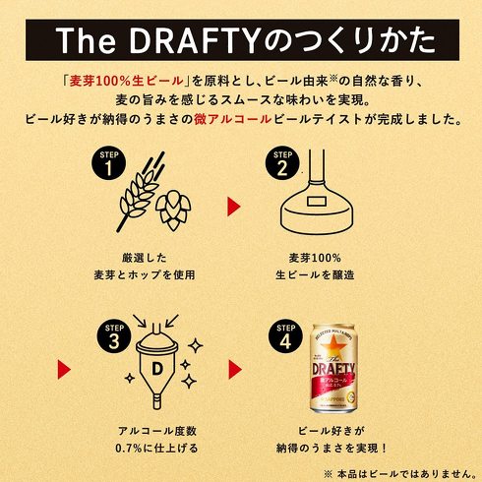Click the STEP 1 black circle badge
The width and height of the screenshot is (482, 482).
tap(108, 163)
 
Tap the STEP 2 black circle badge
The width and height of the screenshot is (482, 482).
tap(282, 163)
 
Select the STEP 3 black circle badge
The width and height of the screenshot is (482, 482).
tap(114, 336)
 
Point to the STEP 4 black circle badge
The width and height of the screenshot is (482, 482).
tap(285, 336)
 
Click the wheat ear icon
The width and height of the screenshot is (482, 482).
tap(142, 192)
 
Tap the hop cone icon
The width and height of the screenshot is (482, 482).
tap(173, 211)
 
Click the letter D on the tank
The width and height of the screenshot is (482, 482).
tap(157, 369)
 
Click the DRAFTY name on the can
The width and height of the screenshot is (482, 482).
tap(333, 369)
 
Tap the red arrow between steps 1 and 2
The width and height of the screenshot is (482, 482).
tap(234, 207)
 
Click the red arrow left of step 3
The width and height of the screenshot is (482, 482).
tap(64, 370)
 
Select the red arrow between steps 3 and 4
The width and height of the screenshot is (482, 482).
tap(235, 370)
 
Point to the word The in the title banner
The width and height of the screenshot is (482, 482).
tap(86, 40)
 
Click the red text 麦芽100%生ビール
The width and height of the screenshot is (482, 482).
tap(126, 81)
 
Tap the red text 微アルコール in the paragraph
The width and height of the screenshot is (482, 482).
tap(232, 119)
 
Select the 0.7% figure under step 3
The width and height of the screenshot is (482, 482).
tap(128, 448)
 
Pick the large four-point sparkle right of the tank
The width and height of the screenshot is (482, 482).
tap(196, 345)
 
